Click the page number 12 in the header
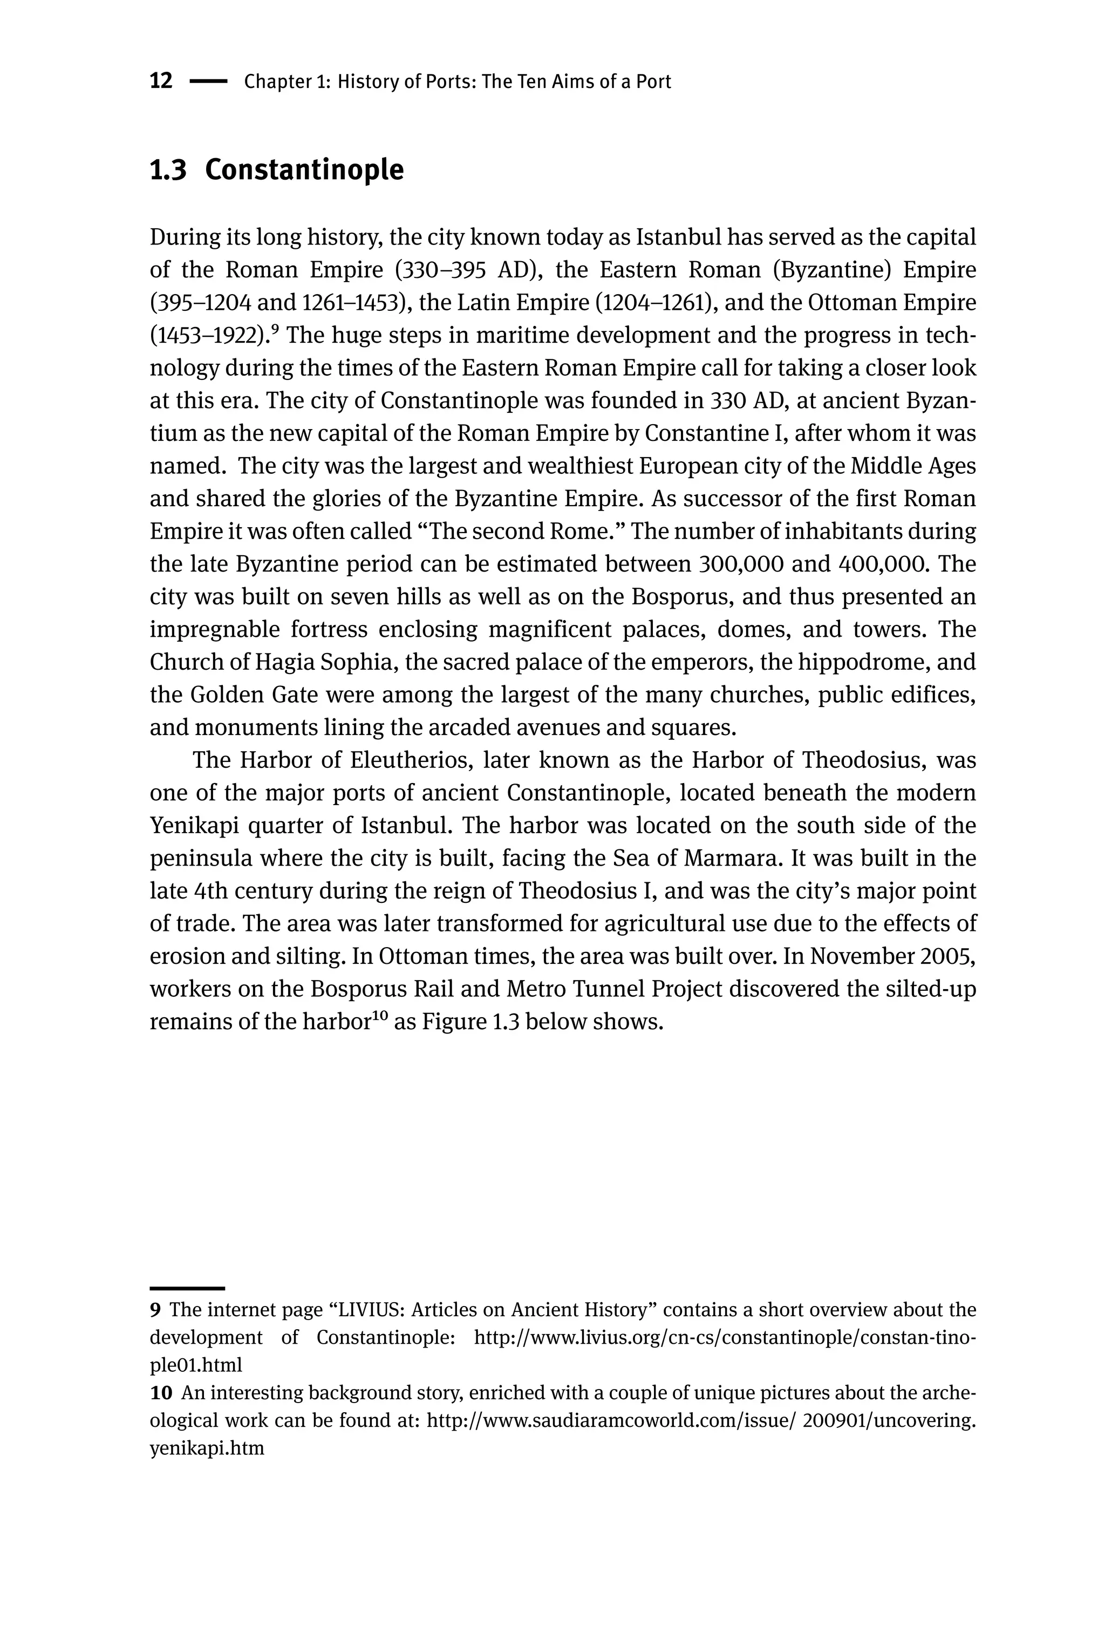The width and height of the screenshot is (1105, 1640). (161, 81)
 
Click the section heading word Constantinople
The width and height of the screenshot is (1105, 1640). (304, 170)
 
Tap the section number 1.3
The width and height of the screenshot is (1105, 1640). (168, 170)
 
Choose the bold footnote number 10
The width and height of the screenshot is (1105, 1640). (161, 1393)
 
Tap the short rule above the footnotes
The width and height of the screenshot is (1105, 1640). (187, 1288)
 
